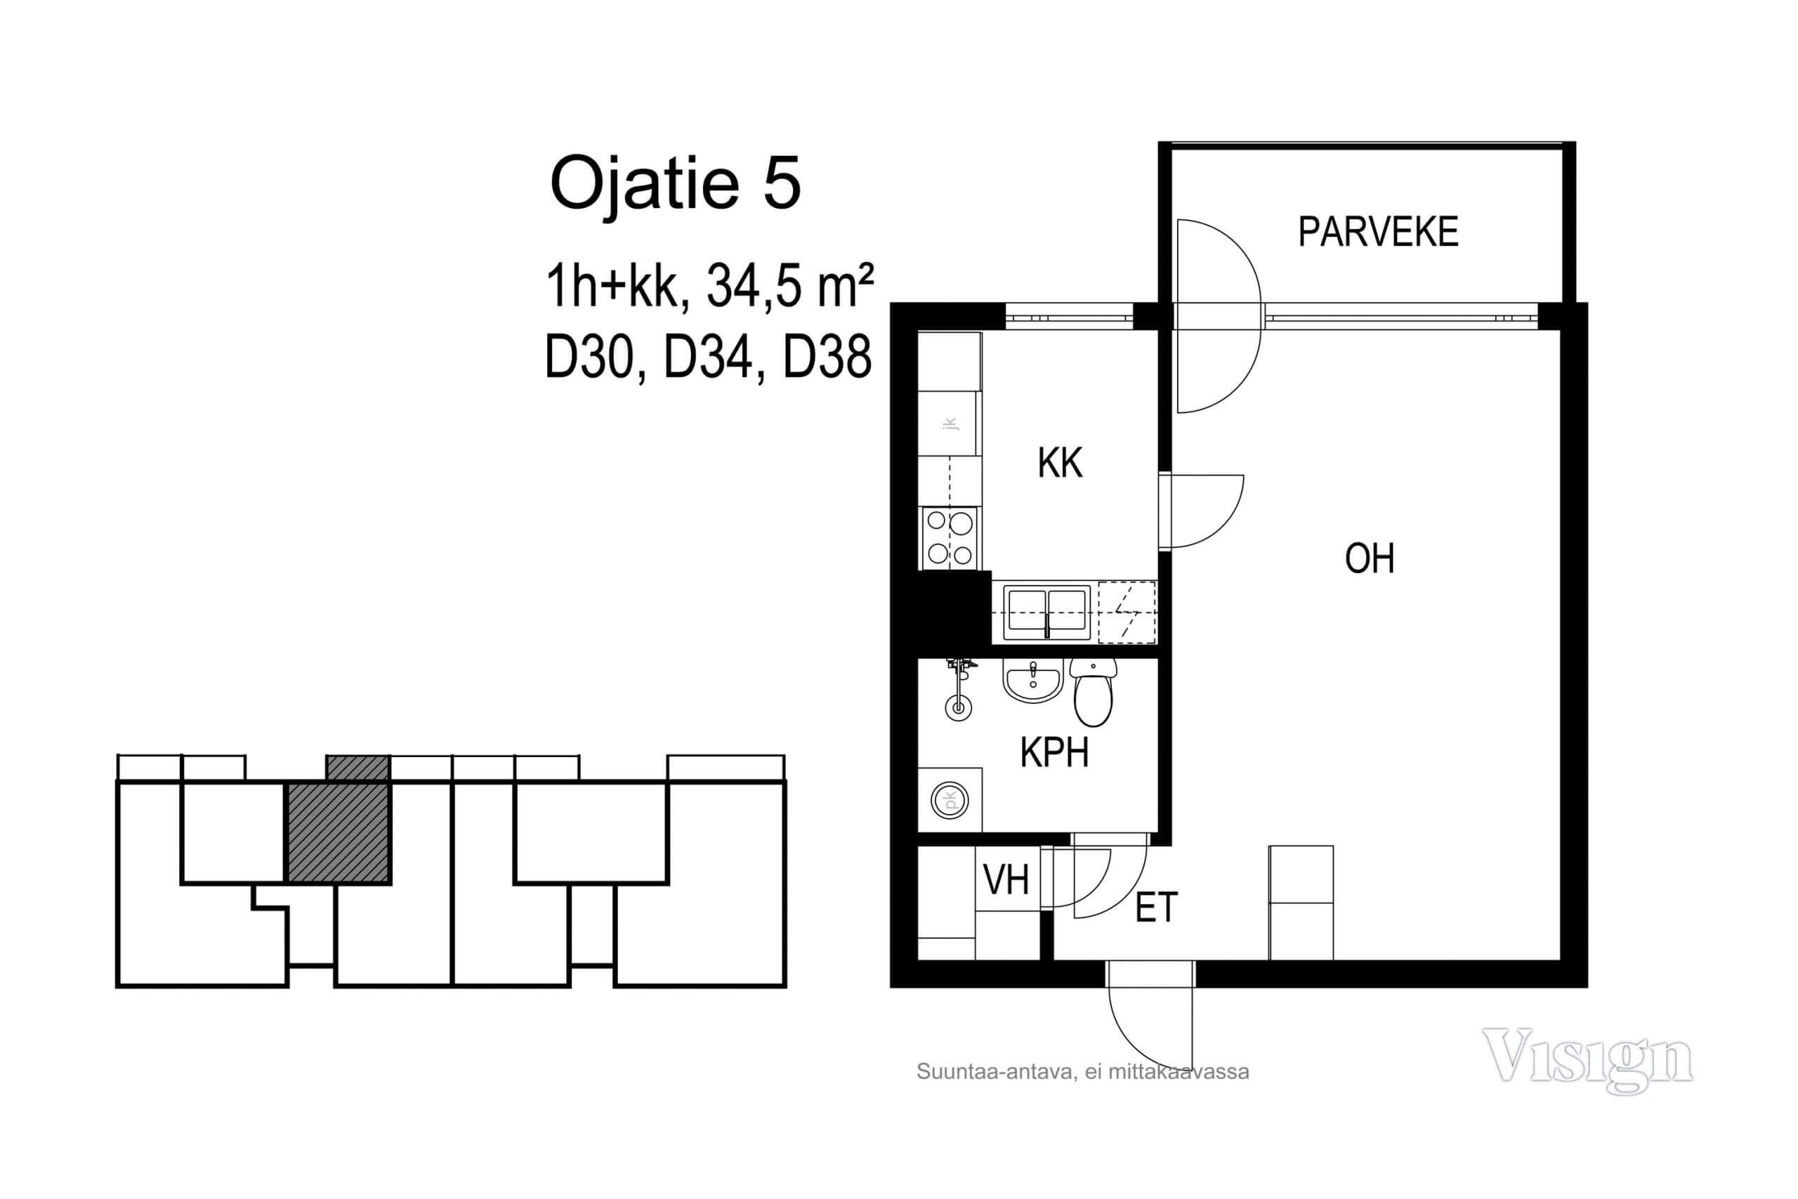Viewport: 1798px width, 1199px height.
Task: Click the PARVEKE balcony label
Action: pos(1377,232)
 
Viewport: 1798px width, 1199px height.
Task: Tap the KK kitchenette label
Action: pos(1060,463)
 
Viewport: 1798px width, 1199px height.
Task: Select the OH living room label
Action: pos(1369,558)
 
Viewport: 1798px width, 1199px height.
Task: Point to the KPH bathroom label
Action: pos(1054,752)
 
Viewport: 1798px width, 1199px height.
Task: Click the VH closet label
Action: pos(1006,880)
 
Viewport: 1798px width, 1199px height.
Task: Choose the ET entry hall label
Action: pos(1156,908)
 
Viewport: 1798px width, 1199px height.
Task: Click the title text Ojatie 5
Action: pos(675,183)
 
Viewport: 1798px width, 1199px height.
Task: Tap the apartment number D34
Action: pos(708,358)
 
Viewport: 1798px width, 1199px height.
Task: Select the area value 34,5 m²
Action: pos(789,286)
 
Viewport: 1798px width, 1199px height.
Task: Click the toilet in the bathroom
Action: pos(1093,691)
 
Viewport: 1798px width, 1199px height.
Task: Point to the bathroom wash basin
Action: pos(1032,681)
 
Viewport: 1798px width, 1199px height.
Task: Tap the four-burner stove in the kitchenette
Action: pos(950,537)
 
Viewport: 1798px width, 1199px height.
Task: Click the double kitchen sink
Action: pos(1046,612)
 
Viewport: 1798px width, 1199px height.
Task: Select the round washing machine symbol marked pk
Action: pos(950,801)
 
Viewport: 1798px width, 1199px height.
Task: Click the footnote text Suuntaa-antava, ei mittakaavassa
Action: pos(1082,1072)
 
